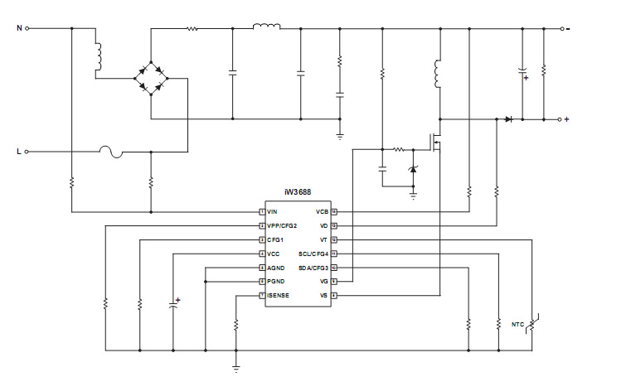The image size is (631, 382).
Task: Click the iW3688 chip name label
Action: pos(298,193)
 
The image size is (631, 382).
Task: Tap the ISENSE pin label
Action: pos(278,295)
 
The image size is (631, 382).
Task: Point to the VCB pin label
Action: pos(323,212)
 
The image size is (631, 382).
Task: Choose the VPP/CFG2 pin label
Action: pos(282,225)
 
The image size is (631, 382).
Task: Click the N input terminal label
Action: pos(19,27)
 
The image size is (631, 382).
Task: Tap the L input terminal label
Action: pos(19,152)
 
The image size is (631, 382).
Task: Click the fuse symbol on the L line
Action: pos(111,152)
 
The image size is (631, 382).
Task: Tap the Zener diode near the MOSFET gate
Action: pos(414,171)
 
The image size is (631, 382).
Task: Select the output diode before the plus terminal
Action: pos(508,119)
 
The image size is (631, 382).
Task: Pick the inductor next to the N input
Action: pos(97,56)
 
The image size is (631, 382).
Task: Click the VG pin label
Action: pos(323,282)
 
